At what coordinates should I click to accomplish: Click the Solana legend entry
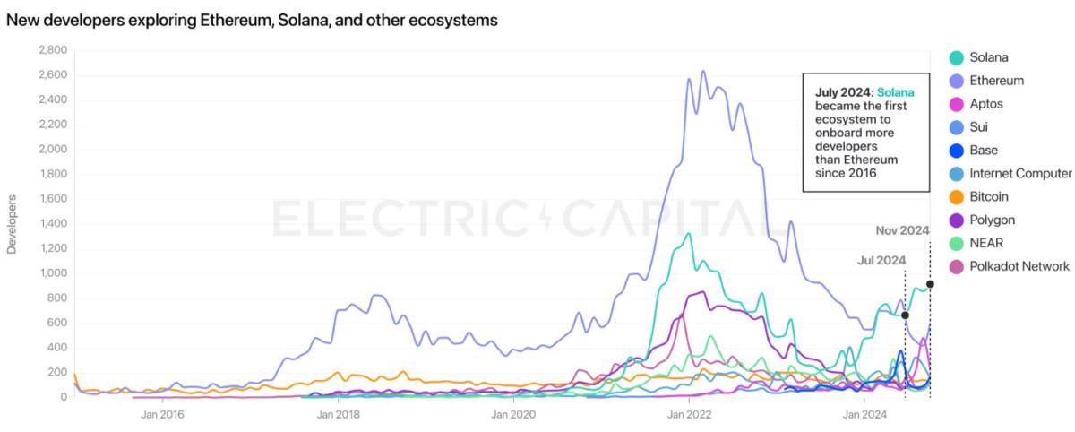pos(988,57)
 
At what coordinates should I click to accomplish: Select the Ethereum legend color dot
pos(957,81)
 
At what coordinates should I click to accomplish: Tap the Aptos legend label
pos(985,104)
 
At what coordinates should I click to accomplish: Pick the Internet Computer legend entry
pos(1020,173)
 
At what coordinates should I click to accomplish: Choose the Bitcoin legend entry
pos(988,196)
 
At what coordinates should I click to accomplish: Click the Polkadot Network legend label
pos(1019,266)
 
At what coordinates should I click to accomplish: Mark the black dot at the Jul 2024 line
pos(905,315)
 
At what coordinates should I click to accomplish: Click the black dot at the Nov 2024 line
pos(930,284)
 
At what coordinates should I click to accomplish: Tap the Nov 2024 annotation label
pos(902,230)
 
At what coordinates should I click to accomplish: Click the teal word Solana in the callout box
pos(896,92)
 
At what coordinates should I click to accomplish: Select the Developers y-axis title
pos(13,223)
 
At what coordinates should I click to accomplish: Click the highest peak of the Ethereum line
pos(702,71)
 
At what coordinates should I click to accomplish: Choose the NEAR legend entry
pos(985,243)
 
